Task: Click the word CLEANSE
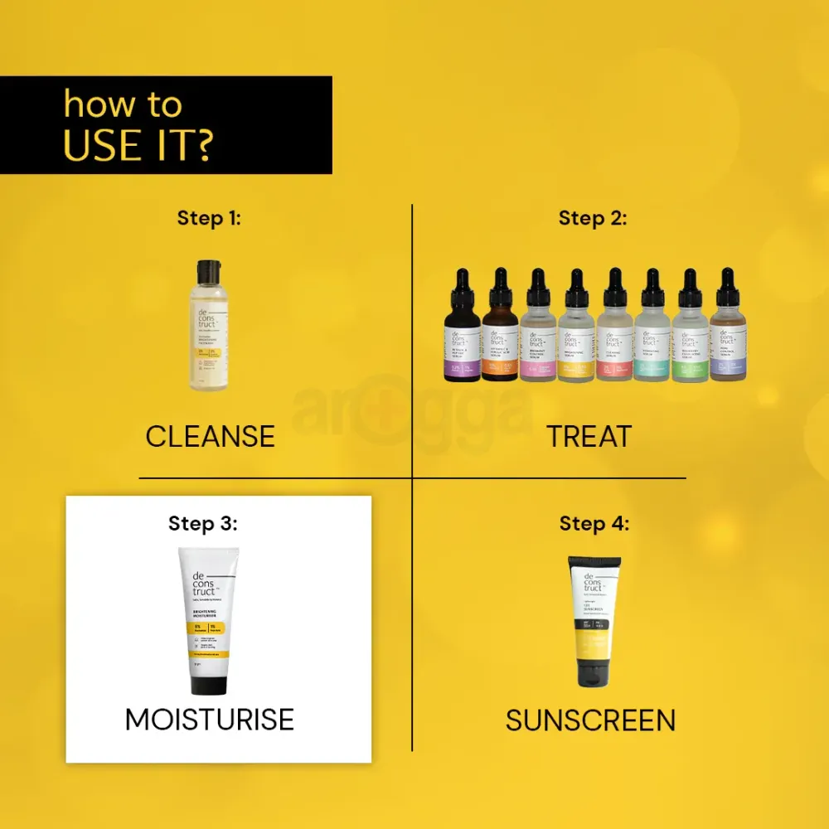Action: [210, 436]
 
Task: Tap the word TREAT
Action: [589, 436]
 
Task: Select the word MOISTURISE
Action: [210, 719]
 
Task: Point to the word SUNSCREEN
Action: [590, 720]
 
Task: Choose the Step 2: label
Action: [593, 218]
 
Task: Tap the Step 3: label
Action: [204, 523]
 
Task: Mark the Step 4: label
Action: [594, 523]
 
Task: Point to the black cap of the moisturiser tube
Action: [209, 685]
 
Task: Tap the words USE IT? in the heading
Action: [138, 144]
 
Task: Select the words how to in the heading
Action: [122, 104]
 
